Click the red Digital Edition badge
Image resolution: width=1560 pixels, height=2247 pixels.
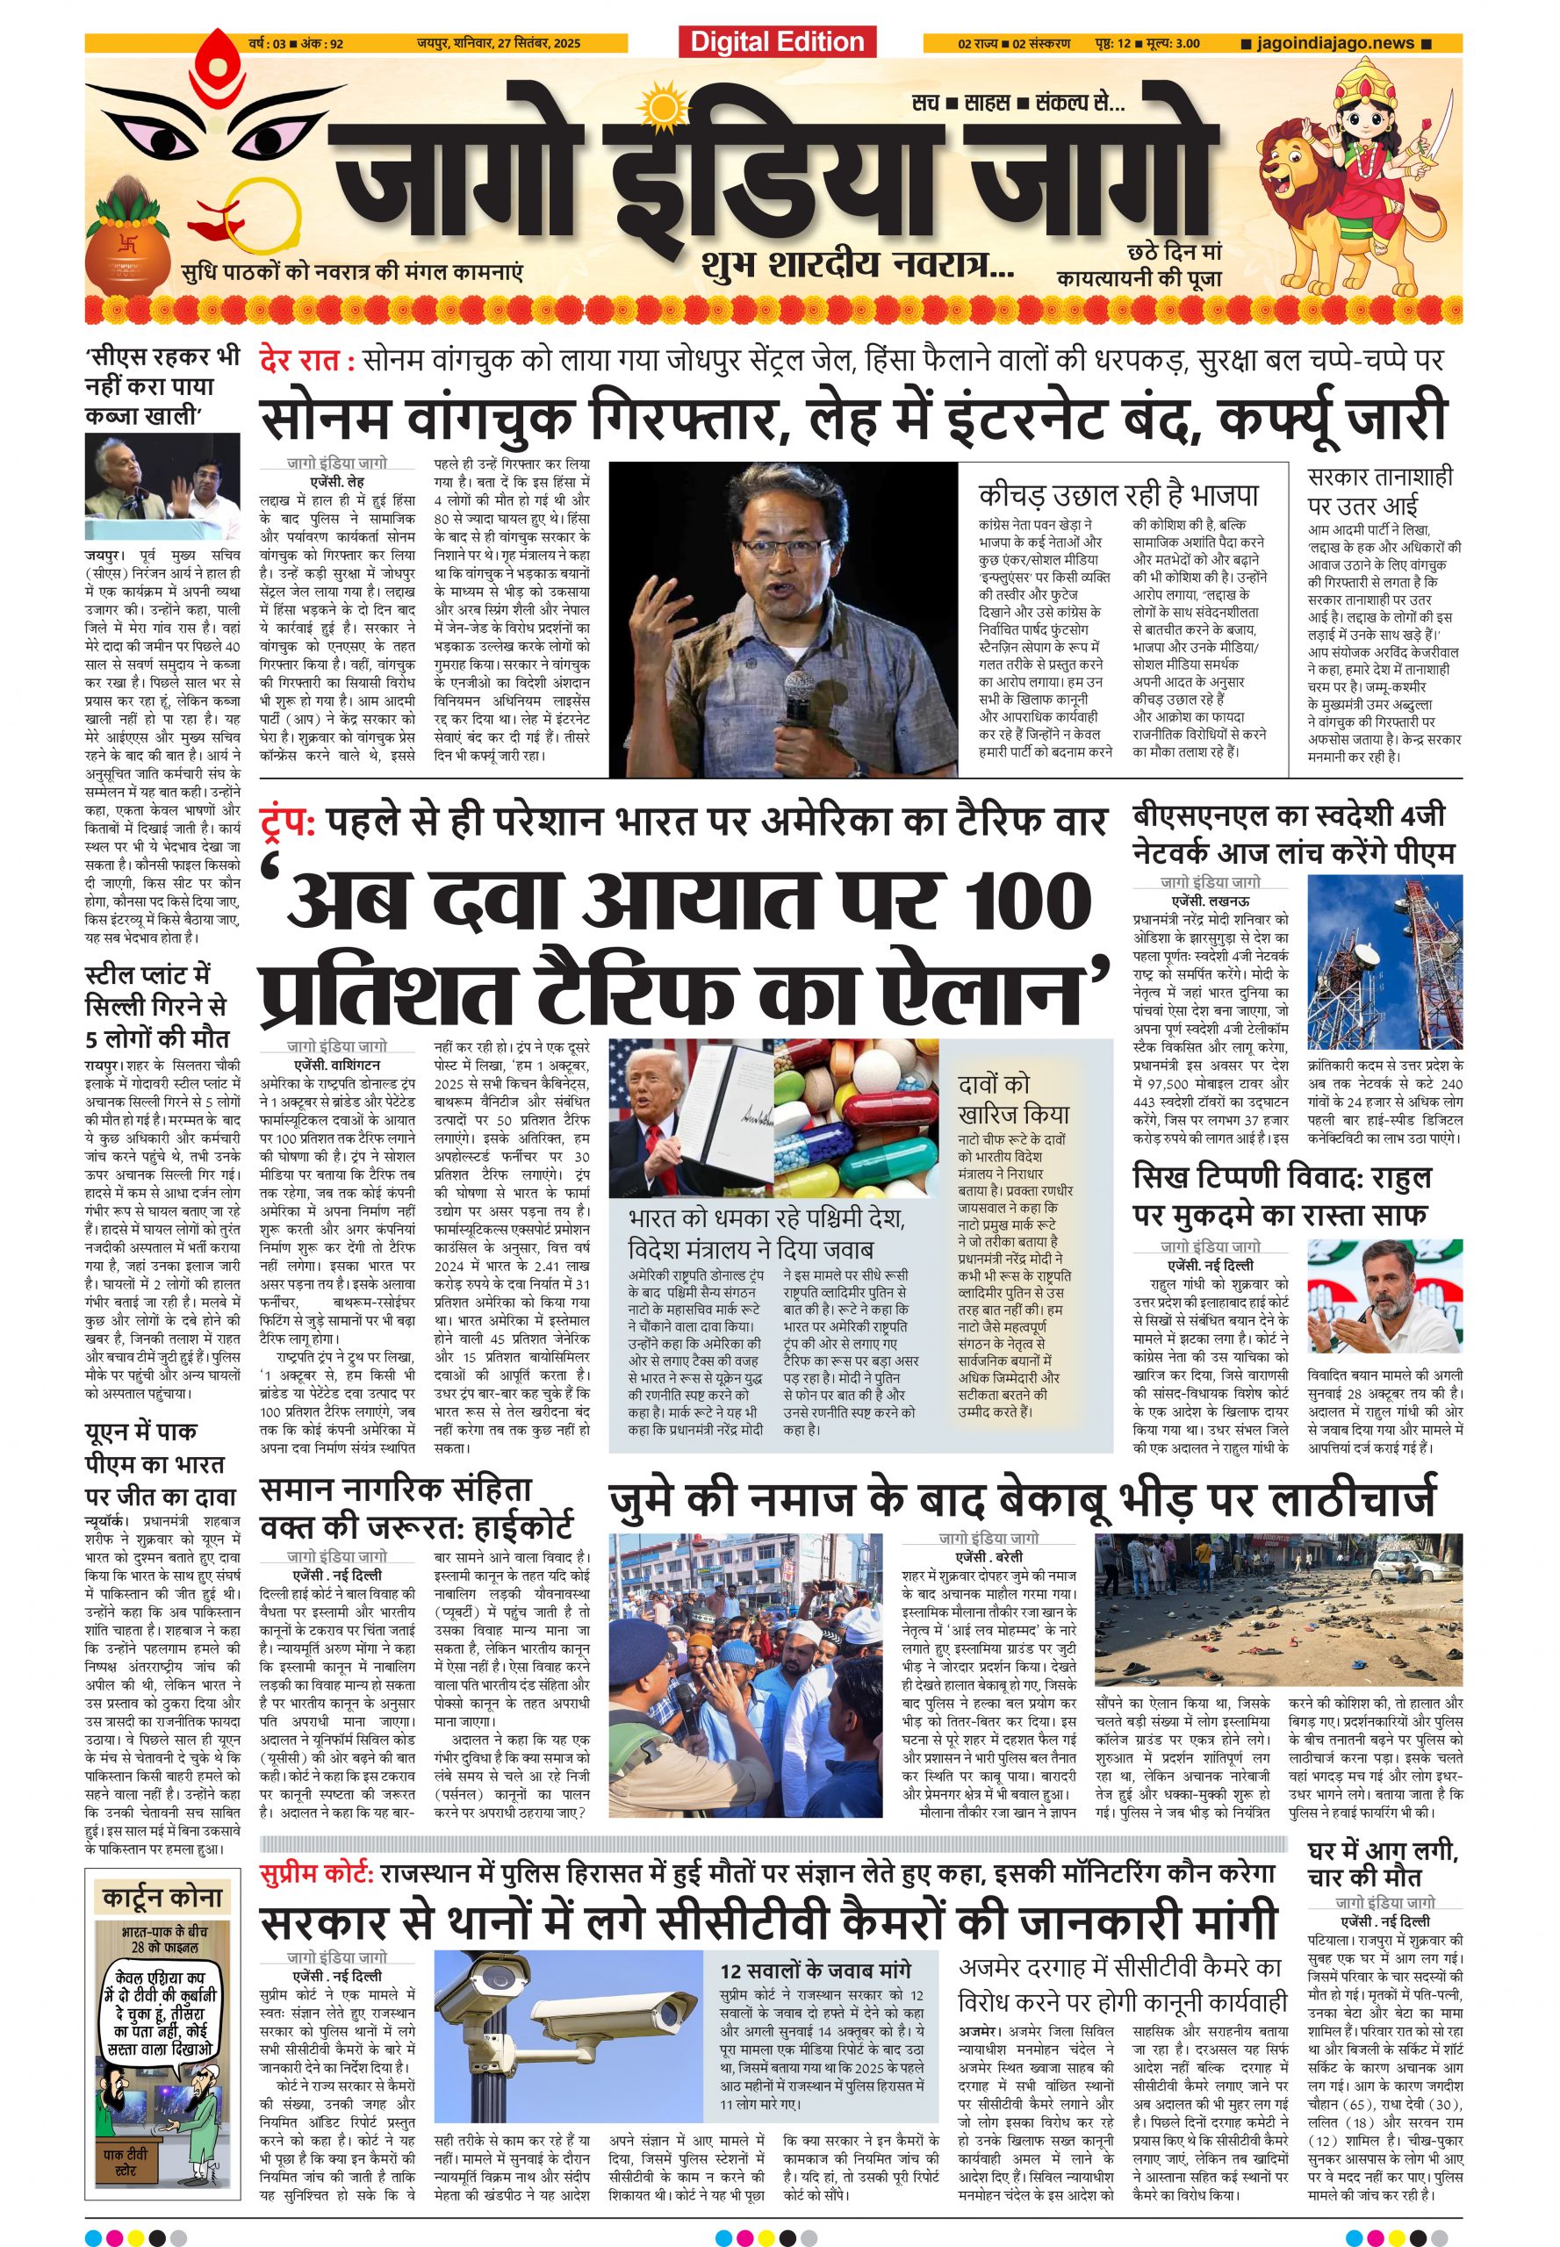[777, 42]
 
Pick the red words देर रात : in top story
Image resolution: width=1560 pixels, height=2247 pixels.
[306, 361]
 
